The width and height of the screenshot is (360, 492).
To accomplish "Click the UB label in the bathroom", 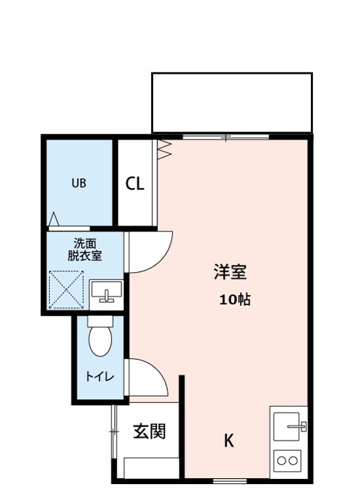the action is tap(79, 183).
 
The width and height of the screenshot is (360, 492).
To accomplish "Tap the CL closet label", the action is tap(135, 184).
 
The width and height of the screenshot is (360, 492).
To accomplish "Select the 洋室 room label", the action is tap(230, 272).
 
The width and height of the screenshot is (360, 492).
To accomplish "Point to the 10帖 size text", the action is tap(235, 300).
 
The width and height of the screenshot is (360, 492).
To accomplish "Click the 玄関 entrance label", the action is tap(149, 431).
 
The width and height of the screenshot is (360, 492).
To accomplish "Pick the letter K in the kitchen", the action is tap(229, 441).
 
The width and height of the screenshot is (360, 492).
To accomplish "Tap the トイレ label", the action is tap(100, 376).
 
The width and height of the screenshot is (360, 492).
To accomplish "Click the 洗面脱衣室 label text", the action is tap(85, 250).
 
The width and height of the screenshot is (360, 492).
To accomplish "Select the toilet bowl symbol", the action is tap(100, 336).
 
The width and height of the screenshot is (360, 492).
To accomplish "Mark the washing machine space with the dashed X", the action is tap(67, 289).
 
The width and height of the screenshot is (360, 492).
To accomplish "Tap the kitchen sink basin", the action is tap(286, 426).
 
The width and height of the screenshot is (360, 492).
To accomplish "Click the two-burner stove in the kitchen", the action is tap(287, 461).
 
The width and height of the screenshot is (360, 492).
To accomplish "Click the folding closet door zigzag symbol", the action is tap(165, 150).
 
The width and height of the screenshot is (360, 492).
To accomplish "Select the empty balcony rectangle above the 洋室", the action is tap(232, 103).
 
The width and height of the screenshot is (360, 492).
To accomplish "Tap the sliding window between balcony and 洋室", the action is tap(226, 137).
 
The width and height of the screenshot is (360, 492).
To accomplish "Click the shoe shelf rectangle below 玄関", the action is tap(152, 468).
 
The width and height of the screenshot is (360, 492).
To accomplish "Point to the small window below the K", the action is tap(230, 481).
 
